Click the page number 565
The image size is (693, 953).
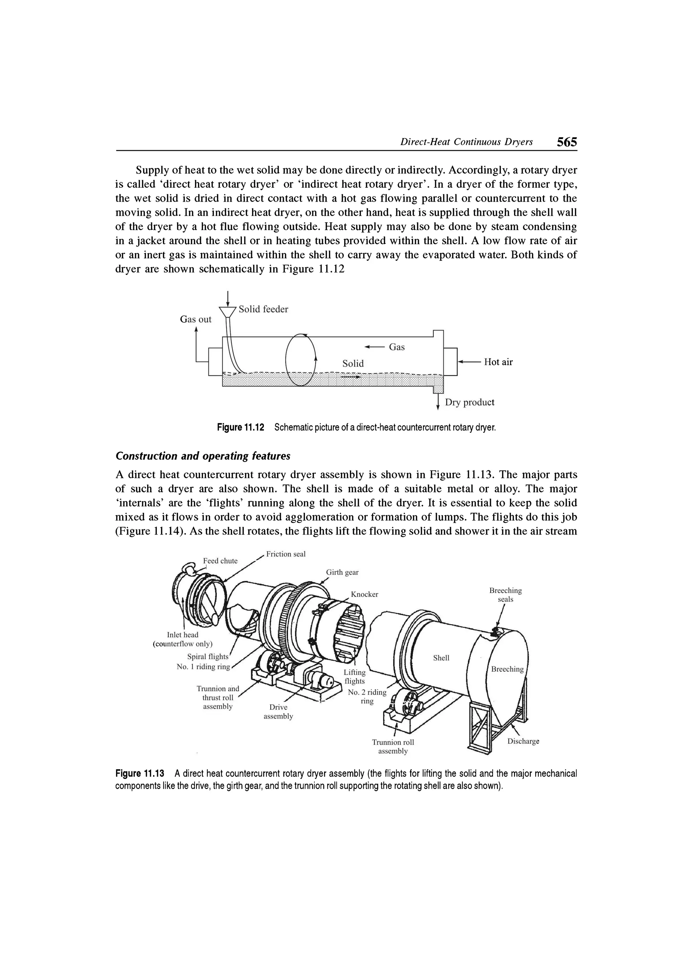pyautogui.click(x=566, y=142)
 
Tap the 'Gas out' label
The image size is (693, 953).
pyautogui.click(x=196, y=319)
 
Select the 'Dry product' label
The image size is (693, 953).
pyautogui.click(x=469, y=402)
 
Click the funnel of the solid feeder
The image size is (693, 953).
pyautogui.click(x=227, y=312)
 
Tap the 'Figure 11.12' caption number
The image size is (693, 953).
pyautogui.click(x=240, y=428)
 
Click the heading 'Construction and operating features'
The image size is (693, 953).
pyautogui.click(x=203, y=456)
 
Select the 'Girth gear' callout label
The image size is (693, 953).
pyautogui.click(x=342, y=572)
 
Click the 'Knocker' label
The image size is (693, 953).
pyautogui.click(x=364, y=594)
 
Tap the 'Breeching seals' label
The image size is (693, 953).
pyautogui.click(x=505, y=595)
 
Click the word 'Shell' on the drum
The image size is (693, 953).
pyautogui.click(x=441, y=658)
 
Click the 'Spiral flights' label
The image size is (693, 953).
pyautogui.click(x=208, y=657)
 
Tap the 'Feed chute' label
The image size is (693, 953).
pyautogui.click(x=220, y=561)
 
